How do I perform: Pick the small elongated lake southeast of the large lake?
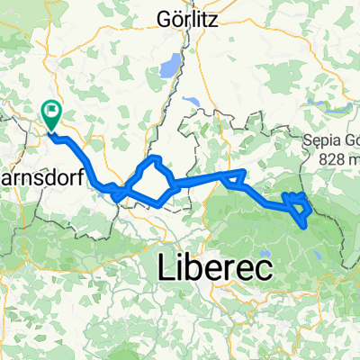190,102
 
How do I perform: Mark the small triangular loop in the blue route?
235,176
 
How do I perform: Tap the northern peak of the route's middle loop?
154,159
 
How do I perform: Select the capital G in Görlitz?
164,17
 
